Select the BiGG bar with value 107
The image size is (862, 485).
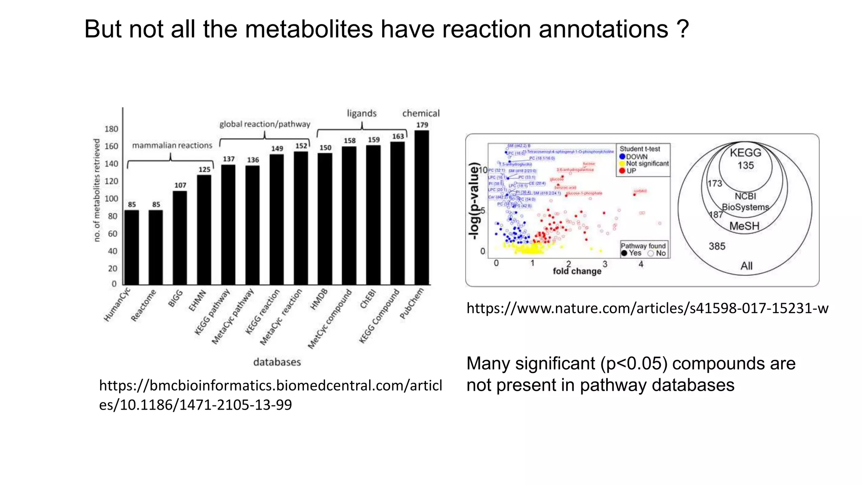pyautogui.click(x=180, y=238)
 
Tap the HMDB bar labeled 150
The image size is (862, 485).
pyautogui.click(x=325, y=219)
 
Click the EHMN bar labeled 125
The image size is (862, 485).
pyautogui.click(x=204, y=230)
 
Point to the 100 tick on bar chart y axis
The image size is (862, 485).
pyautogui.click(x=111, y=199)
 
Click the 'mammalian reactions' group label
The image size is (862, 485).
pyautogui.click(x=172, y=145)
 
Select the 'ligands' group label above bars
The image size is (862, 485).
pyautogui.click(x=362, y=113)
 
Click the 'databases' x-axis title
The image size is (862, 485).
pyautogui.click(x=277, y=362)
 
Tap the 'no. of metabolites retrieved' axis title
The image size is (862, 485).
pyautogui.click(x=97, y=190)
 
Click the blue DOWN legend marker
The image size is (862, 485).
pyautogui.click(x=623, y=157)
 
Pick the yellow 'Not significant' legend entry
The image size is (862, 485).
pyautogui.click(x=644, y=163)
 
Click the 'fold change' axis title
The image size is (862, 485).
pyautogui.click(x=577, y=271)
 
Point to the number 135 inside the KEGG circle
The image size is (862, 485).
pyautogui.click(x=745, y=165)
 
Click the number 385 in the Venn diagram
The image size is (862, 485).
pyautogui.click(x=717, y=246)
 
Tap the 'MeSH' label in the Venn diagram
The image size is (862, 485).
pyautogui.click(x=744, y=226)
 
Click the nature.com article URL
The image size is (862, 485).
pyautogui.click(x=647, y=308)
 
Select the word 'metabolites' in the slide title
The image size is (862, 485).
pyautogui.click(x=309, y=29)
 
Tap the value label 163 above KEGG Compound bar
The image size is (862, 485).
pyautogui.click(x=398, y=136)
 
